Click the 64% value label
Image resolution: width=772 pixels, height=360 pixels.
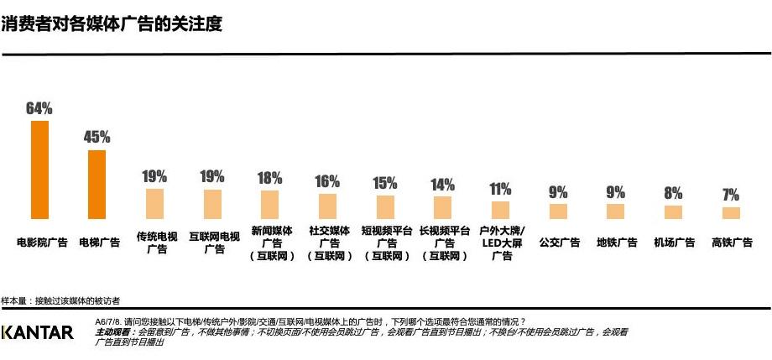[39, 108]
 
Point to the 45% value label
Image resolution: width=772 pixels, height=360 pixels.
[97, 137]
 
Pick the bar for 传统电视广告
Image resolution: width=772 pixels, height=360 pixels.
[155, 204]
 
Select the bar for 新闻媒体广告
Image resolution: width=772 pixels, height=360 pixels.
[270, 205]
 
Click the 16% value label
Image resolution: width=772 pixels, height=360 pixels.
[327, 181]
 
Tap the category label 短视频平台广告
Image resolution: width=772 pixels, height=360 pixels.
[385, 243]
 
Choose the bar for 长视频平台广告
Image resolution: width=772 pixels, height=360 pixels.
[442, 207]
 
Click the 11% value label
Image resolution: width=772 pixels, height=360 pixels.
[500, 189]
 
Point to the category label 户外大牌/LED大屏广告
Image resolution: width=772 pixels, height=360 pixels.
[500, 243]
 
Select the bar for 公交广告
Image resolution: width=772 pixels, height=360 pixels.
[558, 211]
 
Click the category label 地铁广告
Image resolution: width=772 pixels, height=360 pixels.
[616, 243]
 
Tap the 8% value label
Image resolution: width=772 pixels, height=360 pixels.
[673, 193]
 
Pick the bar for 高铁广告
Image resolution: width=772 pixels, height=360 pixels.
[731, 213]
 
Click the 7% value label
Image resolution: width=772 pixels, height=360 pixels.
[731, 195]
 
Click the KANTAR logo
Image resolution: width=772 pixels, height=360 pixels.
[38, 332]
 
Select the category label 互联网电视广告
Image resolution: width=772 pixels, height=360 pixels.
[213, 243]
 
